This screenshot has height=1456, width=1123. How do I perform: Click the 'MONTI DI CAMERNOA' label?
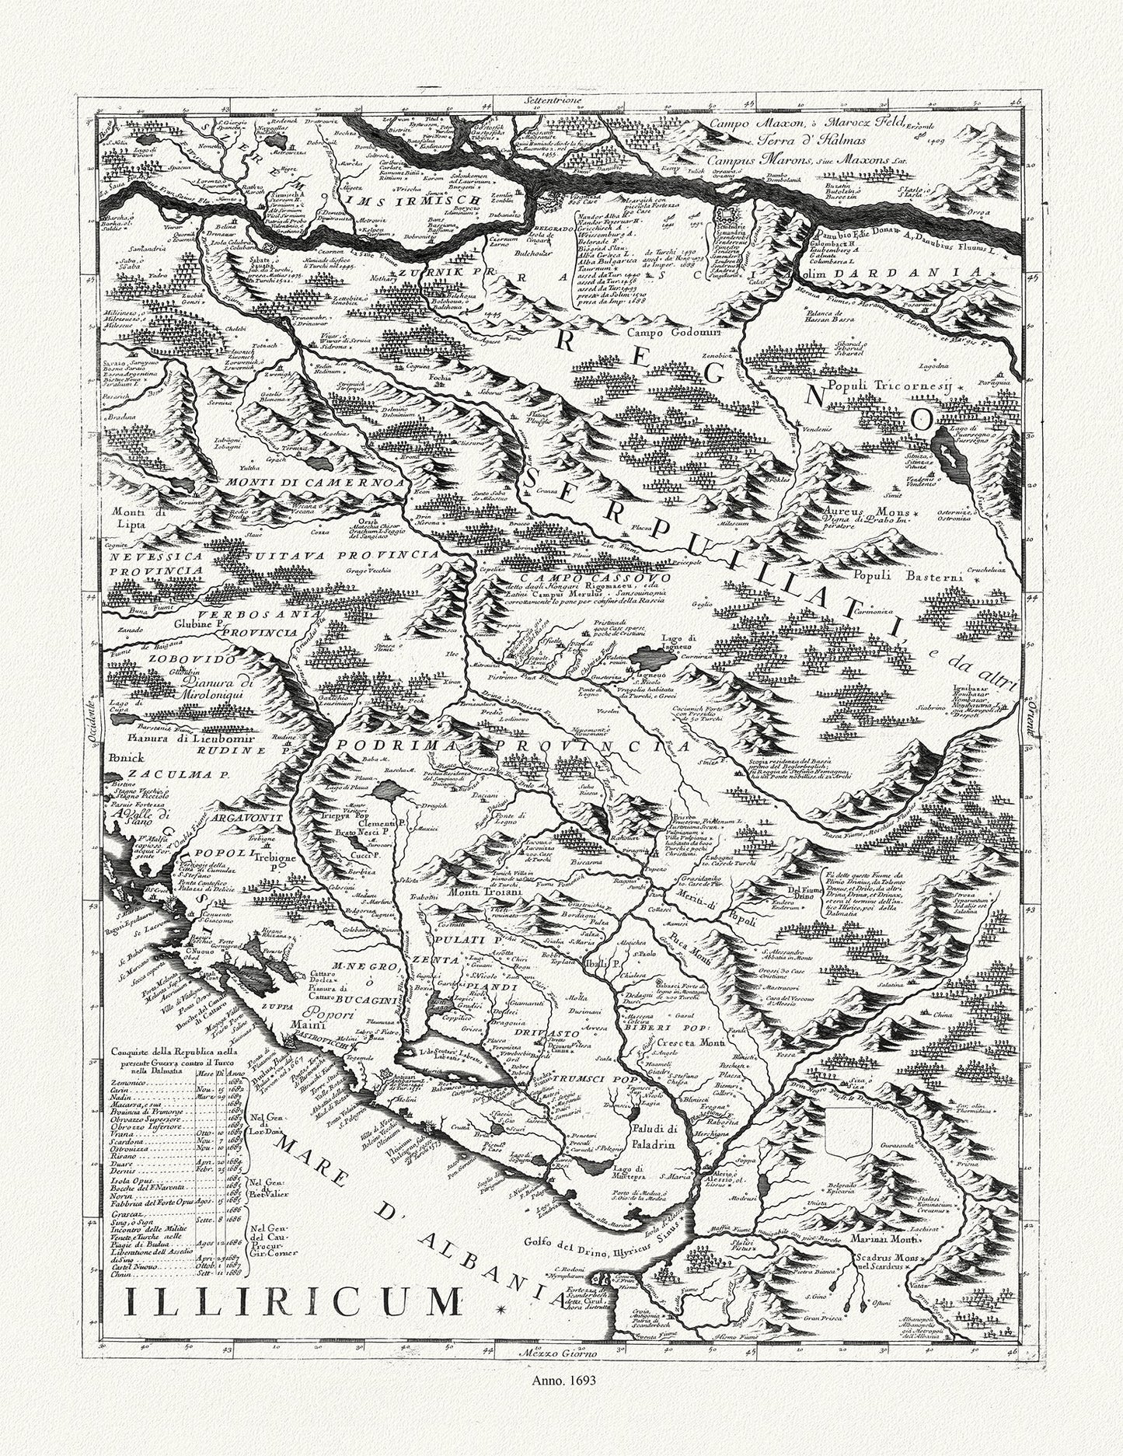(317, 483)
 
